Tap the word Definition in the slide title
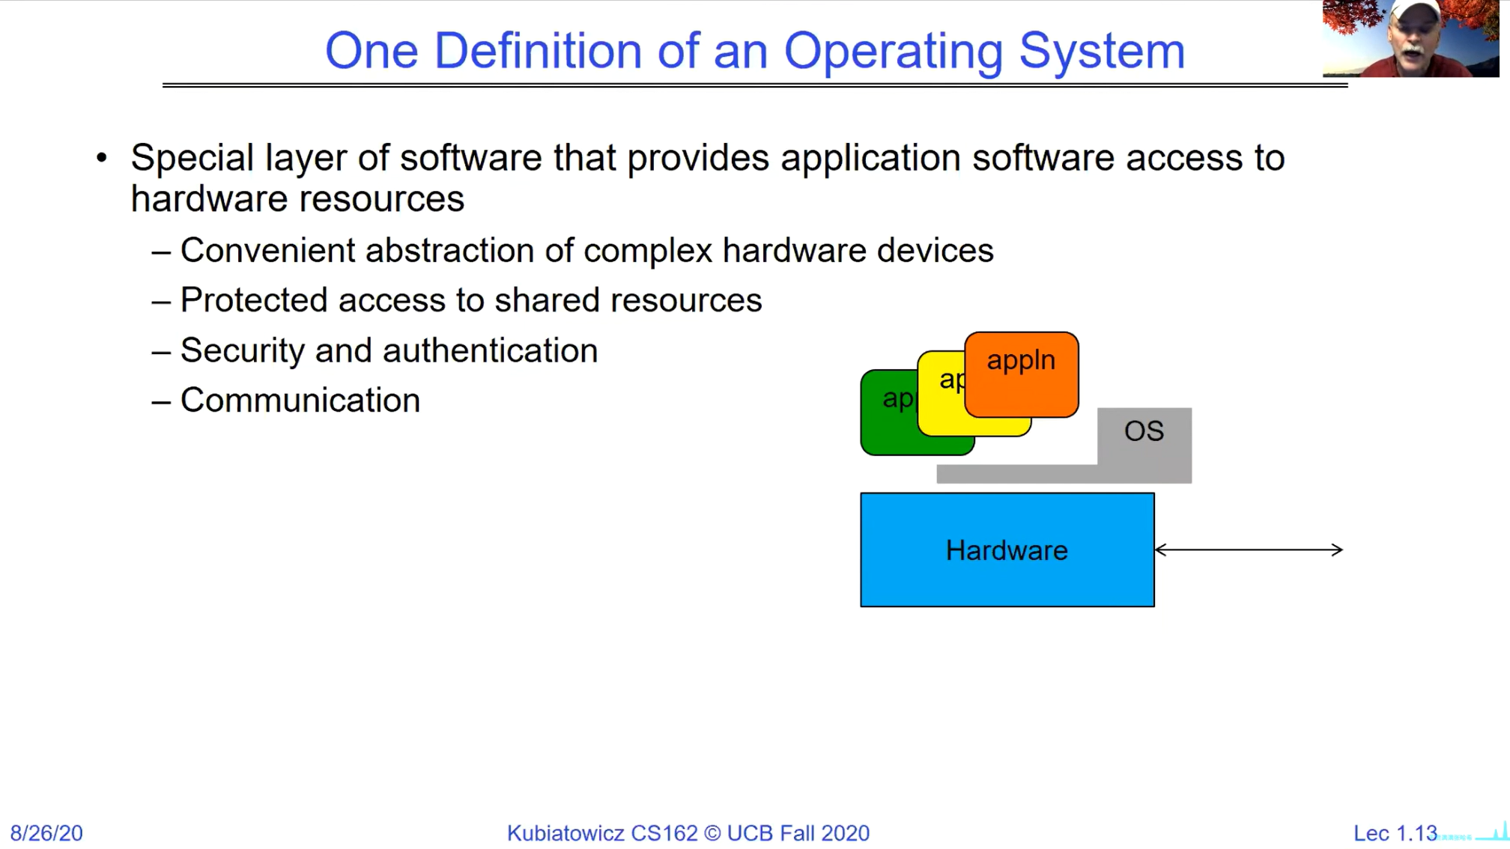(x=538, y=51)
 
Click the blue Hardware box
(x=1007, y=550)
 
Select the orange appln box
(x=1022, y=374)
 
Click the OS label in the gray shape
(x=1144, y=430)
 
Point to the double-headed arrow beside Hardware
(x=1249, y=550)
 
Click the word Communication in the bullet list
(x=300, y=400)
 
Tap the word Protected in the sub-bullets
(x=254, y=300)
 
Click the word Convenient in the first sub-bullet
(x=267, y=250)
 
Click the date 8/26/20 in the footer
(x=46, y=833)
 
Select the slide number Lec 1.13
(x=1395, y=833)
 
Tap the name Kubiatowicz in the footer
(x=566, y=833)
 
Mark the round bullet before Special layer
(x=102, y=157)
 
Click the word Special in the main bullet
(x=192, y=158)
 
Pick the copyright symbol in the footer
(x=712, y=833)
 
